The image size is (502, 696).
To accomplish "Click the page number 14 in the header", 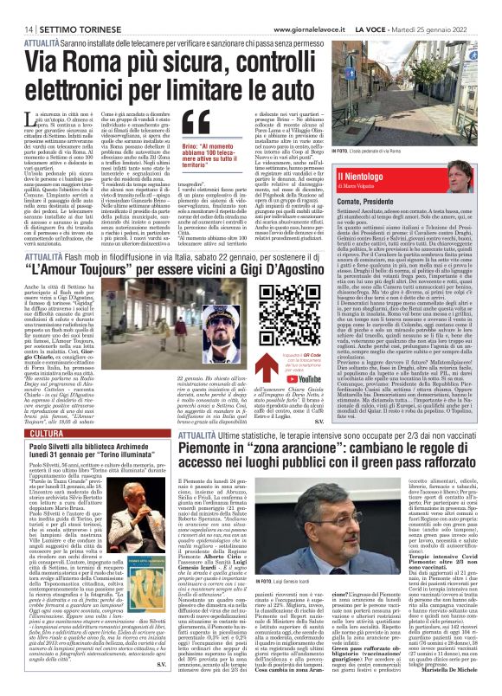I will pyautogui.click(x=17, y=7).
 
